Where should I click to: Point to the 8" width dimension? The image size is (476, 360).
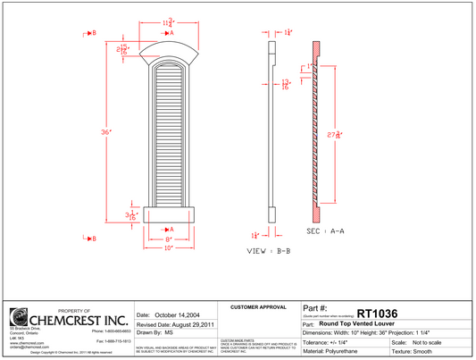(x=167, y=239)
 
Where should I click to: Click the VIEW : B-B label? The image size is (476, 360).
(x=268, y=251)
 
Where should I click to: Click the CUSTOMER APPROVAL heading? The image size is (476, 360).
(x=258, y=307)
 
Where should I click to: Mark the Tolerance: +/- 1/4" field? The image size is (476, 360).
(x=336, y=342)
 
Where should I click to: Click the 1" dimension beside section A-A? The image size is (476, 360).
(x=308, y=67)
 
